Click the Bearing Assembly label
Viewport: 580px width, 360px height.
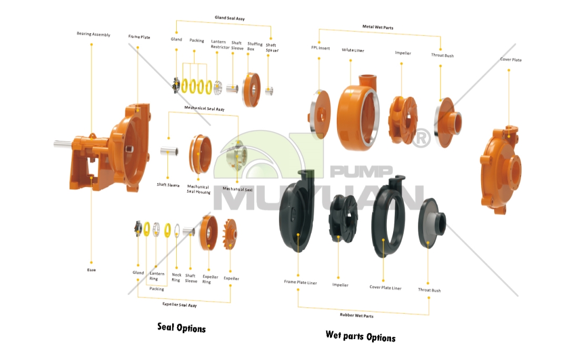[x=93, y=34]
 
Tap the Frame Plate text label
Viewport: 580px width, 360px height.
[x=139, y=37]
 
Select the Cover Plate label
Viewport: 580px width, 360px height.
[x=511, y=60]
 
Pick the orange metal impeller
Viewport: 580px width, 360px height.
[x=402, y=121]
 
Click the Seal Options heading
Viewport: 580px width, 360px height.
[x=182, y=327]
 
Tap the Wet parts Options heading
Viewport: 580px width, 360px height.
[x=360, y=336]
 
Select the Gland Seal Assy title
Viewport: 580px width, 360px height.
[x=229, y=18]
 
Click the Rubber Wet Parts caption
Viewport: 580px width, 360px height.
[x=356, y=316]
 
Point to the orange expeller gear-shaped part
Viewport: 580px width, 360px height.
[x=231, y=235]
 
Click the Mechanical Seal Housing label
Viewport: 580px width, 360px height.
[x=198, y=189]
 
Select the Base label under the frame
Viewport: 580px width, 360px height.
[x=92, y=269]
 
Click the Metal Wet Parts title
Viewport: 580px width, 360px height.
[x=377, y=27]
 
